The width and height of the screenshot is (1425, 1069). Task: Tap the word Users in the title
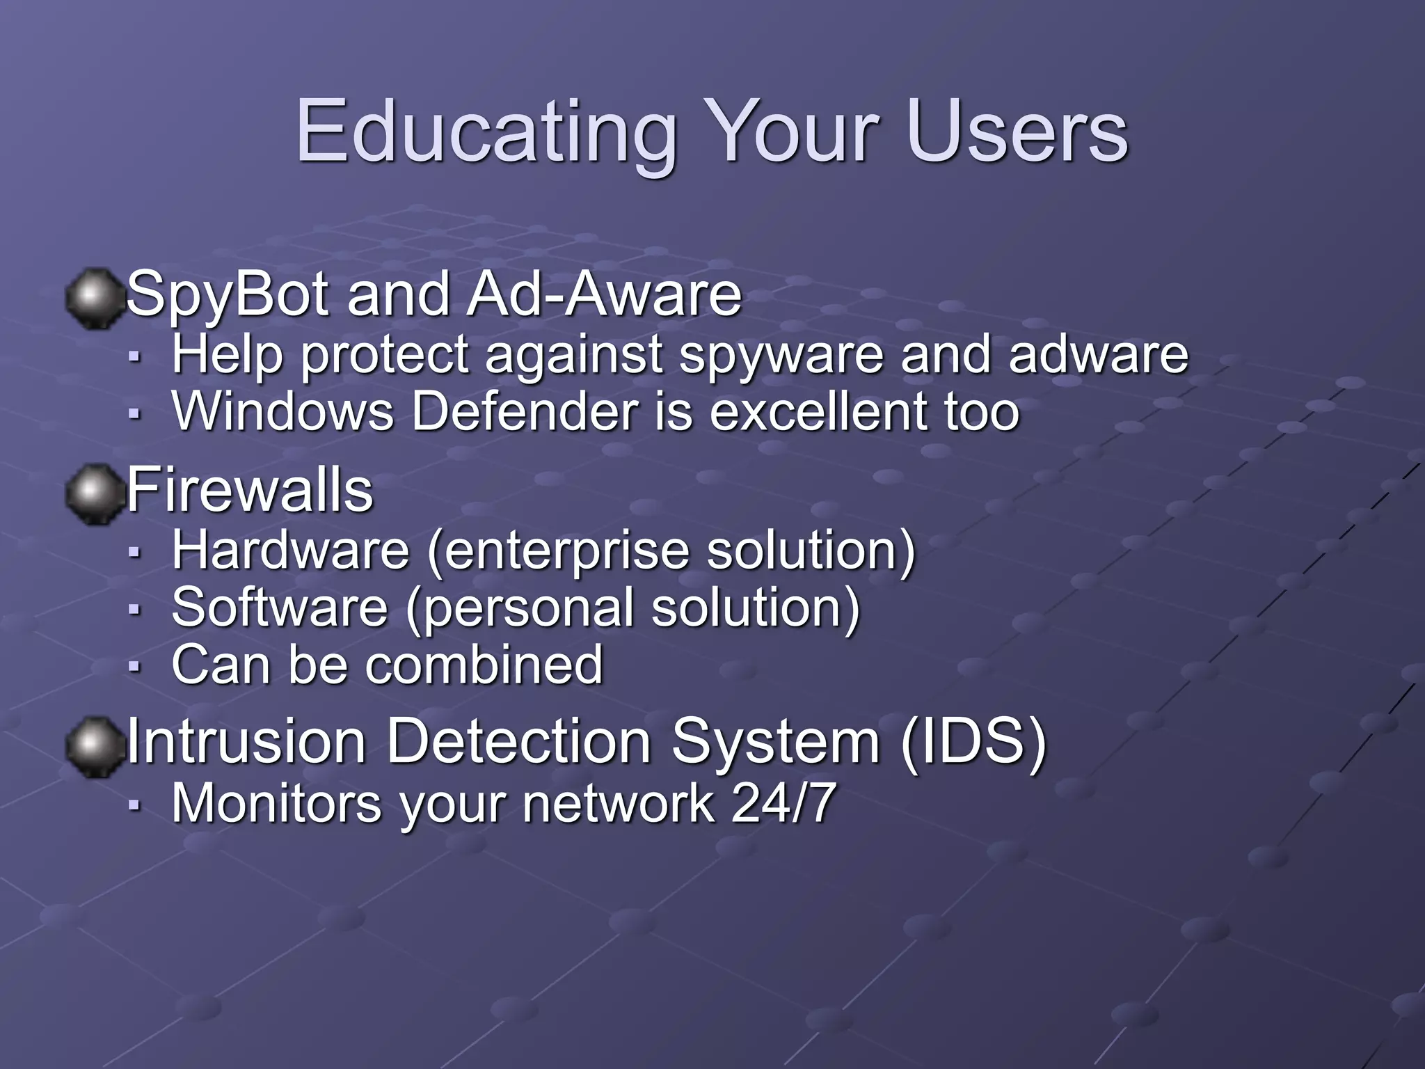[x=1017, y=132]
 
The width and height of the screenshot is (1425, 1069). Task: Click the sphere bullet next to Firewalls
[x=93, y=494]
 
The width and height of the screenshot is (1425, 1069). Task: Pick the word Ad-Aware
[x=604, y=294]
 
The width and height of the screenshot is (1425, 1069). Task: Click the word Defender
[x=524, y=412]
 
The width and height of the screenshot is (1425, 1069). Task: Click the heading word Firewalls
[x=250, y=491]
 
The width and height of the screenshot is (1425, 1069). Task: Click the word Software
[x=279, y=608]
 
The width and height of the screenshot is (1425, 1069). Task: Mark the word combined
[x=484, y=665]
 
